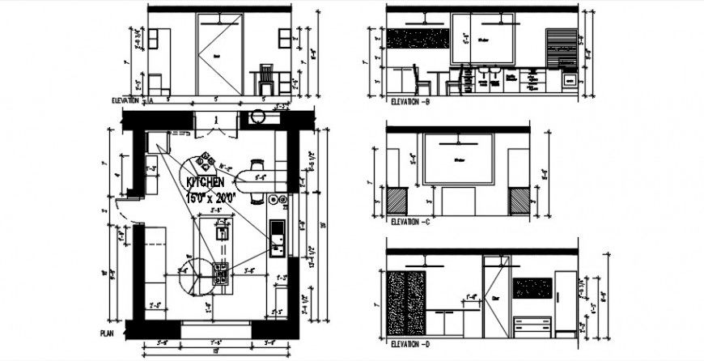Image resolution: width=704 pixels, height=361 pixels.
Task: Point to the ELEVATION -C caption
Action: point(409,221)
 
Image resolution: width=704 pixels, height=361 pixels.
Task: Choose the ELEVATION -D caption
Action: point(409,343)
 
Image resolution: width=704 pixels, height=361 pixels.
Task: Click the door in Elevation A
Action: point(218,54)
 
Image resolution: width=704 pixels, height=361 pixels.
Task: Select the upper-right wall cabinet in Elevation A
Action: point(285,38)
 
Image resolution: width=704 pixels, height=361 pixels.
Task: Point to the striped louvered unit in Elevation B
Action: point(562,50)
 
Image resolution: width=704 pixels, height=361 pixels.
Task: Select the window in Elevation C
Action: point(459,159)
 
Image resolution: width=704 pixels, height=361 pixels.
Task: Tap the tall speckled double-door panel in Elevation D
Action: point(406,304)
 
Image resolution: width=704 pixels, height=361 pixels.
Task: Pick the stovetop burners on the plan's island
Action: point(220,273)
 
